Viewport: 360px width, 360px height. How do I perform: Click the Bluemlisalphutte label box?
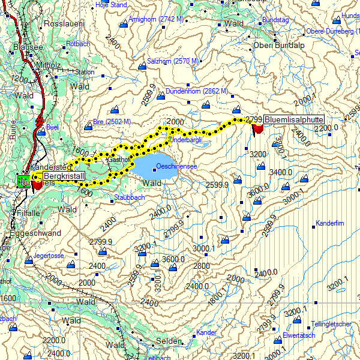coord(293,119)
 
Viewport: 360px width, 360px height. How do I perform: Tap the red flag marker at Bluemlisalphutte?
coord(258,128)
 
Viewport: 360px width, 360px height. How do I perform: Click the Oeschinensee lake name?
coord(173,166)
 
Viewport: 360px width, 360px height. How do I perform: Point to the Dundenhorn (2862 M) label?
coord(189,91)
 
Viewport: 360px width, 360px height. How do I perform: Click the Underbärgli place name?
coord(186,139)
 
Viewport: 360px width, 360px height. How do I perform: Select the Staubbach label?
coord(129,197)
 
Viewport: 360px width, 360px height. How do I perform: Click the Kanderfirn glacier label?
coord(329,223)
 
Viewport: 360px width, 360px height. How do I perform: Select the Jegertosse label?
coord(49,256)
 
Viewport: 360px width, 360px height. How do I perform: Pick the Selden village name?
coord(169,341)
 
